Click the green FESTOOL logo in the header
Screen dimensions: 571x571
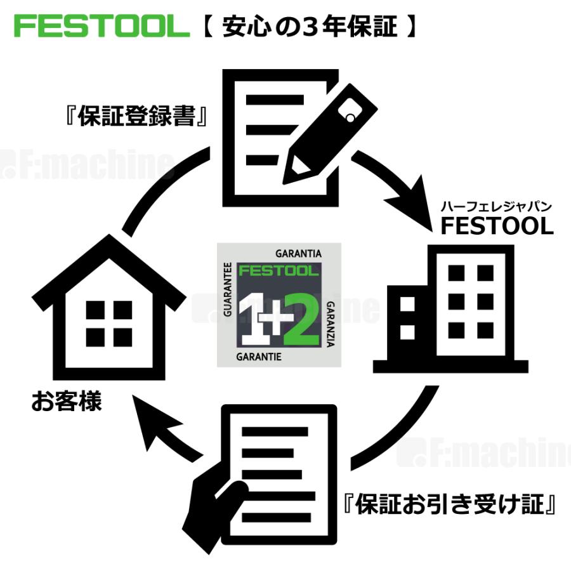click(x=102, y=26)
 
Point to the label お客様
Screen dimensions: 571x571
click(x=67, y=402)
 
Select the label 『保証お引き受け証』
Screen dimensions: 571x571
click(x=450, y=506)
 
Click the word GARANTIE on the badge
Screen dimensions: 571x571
click(x=258, y=357)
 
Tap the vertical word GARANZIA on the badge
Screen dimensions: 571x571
click(x=331, y=324)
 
